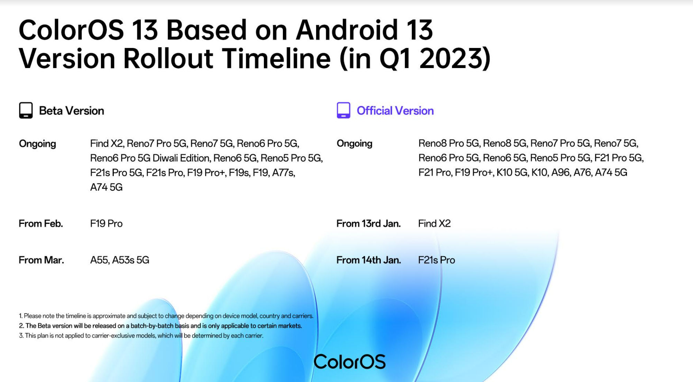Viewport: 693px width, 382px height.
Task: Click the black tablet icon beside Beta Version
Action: [x=26, y=111]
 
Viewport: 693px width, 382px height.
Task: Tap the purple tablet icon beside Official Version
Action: [x=343, y=111]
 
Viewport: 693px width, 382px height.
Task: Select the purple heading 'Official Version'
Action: [x=395, y=111]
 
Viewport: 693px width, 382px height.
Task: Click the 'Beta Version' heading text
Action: [x=72, y=111]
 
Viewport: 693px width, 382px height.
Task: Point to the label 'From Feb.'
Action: [x=41, y=223]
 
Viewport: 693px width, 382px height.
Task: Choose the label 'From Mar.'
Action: [x=41, y=260]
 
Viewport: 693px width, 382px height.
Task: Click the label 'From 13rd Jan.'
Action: [x=369, y=223]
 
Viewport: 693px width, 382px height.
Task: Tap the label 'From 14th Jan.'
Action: [x=369, y=260]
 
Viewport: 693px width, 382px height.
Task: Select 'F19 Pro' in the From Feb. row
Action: [x=106, y=223]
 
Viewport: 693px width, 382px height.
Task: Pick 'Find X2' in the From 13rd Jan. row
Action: [x=434, y=223]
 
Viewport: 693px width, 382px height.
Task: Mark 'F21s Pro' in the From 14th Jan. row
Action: [x=436, y=260]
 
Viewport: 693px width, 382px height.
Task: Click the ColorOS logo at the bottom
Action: [x=350, y=362]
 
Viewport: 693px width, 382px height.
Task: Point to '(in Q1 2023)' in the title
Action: [x=415, y=58]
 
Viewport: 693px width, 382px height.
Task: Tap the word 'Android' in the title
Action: [x=347, y=30]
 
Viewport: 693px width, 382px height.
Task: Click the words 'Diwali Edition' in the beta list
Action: [x=181, y=158]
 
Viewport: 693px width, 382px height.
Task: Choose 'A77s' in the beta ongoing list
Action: [x=284, y=172]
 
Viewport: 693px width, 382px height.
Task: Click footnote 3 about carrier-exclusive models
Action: [x=141, y=335]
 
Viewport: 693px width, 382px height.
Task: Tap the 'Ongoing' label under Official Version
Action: [x=354, y=144]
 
